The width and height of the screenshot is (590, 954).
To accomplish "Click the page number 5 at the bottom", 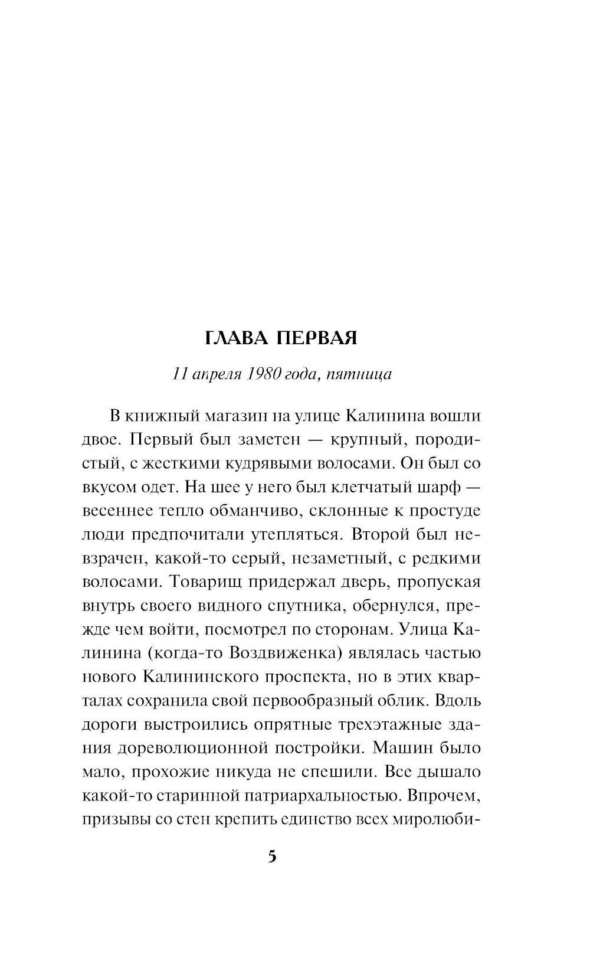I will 272,857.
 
